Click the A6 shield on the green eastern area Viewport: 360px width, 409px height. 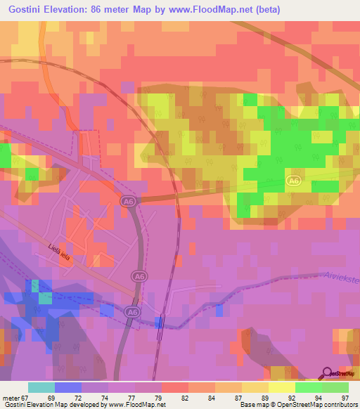(x=295, y=181)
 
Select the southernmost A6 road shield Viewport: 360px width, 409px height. (x=131, y=311)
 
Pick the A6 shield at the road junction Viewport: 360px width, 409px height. (x=127, y=202)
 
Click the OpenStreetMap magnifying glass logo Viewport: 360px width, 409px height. (x=327, y=373)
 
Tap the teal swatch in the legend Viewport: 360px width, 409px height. (x=41, y=387)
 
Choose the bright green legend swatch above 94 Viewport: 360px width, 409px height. (x=308, y=387)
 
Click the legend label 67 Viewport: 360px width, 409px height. (x=25, y=398)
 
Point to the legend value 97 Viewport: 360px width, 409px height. (x=345, y=398)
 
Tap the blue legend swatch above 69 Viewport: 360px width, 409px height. (x=68, y=387)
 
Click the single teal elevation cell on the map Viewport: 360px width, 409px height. (x=45, y=298)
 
